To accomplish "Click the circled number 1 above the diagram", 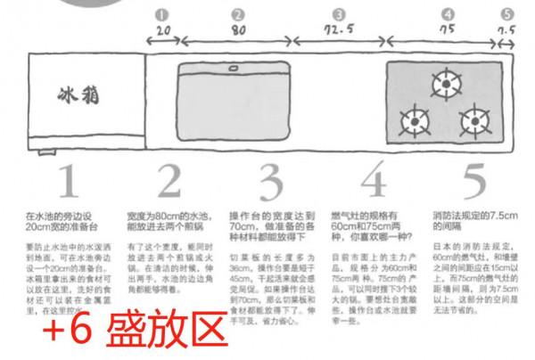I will click(161, 14).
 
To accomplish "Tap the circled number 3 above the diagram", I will click(339, 14).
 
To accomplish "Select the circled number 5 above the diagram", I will click(507, 14).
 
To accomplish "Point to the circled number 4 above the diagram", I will click(448, 14).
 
